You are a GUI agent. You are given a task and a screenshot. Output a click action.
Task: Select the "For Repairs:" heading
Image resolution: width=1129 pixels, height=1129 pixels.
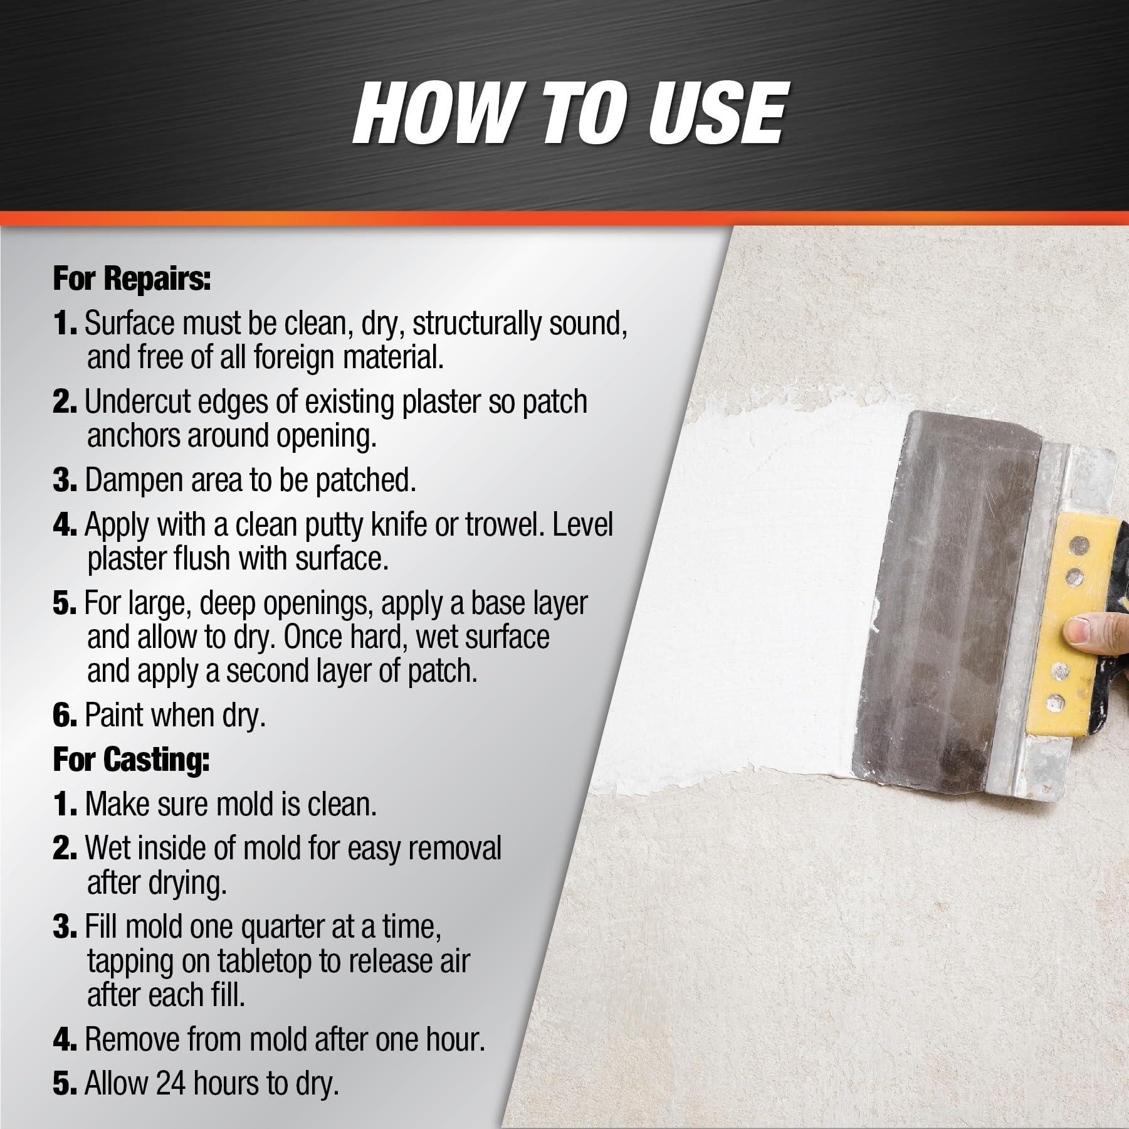(132, 278)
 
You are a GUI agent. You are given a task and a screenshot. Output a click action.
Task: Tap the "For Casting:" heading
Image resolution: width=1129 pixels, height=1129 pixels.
(131, 759)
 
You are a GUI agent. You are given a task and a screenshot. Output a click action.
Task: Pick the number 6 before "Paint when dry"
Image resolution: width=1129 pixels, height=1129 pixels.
(65, 716)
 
